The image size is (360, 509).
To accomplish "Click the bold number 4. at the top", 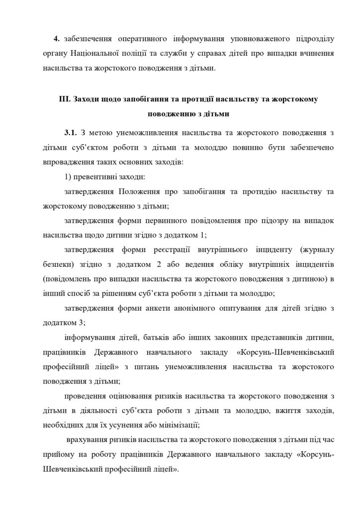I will [x=57, y=39].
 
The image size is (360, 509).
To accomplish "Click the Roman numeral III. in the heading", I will [x=64, y=99].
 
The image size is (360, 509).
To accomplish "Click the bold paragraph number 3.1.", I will [x=70, y=133].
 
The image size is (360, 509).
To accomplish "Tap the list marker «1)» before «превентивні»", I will [x=68, y=177].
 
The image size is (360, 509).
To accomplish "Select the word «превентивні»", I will [x=95, y=177].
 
